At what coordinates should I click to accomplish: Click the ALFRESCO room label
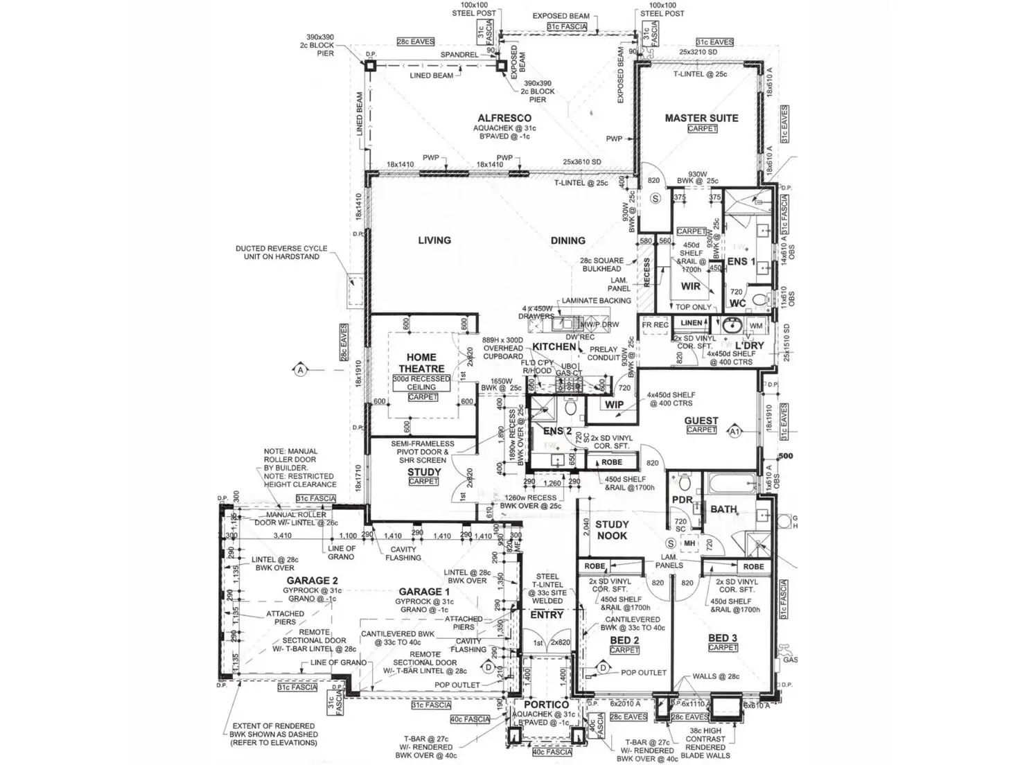pyautogui.click(x=504, y=118)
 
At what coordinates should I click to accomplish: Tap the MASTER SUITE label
pyautogui.click(x=701, y=118)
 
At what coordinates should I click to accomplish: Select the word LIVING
pyautogui.click(x=434, y=240)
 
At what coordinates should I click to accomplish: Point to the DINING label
pyautogui.click(x=568, y=240)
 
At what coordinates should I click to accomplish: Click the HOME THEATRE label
pyautogui.click(x=421, y=363)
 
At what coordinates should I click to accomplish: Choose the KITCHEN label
pyautogui.click(x=554, y=346)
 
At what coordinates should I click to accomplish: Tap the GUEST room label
pyautogui.click(x=701, y=421)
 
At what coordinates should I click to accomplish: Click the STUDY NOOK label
pyautogui.click(x=612, y=530)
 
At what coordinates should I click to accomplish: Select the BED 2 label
pyautogui.click(x=624, y=640)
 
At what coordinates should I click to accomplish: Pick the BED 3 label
pyautogui.click(x=723, y=637)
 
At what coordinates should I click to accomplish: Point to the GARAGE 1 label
pyautogui.click(x=424, y=592)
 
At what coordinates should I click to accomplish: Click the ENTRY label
pyautogui.click(x=547, y=615)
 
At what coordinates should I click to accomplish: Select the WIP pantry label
pyautogui.click(x=615, y=405)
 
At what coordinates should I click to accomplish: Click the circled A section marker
pyautogui.click(x=301, y=370)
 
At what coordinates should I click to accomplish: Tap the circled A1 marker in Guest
pyautogui.click(x=735, y=432)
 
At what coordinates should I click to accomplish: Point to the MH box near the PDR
pyautogui.click(x=689, y=543)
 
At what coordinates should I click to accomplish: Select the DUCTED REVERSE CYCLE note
pyautogui.click(x=277, y=252)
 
